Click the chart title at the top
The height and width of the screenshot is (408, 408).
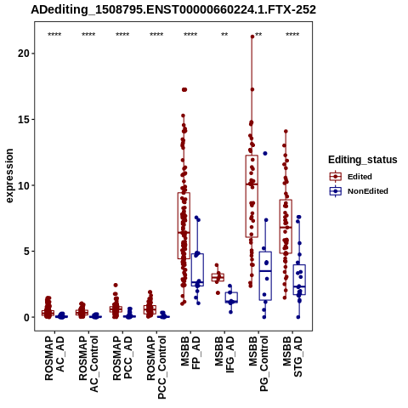[173, 10]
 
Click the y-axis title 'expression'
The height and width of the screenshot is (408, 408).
[9, 176]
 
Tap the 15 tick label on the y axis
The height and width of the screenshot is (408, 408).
[23, 119]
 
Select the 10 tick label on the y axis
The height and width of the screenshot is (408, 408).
[23, 185]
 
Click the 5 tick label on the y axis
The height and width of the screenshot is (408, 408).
[26, 252]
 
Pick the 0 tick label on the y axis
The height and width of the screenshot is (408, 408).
[26, 317]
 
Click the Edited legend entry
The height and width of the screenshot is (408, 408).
[360, 177]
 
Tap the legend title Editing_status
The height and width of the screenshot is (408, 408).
[363, 160]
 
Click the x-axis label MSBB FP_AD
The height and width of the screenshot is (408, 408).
[190, 353]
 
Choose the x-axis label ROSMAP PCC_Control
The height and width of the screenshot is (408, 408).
[156, 367]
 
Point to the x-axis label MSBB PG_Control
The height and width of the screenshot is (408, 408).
[258, 364]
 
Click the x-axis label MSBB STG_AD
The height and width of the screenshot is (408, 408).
[292, 356]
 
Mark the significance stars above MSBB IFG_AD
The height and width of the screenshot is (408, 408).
[224, 35]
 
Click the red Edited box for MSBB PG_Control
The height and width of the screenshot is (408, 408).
[252, 196]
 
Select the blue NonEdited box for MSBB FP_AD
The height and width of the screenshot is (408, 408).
[197, 269]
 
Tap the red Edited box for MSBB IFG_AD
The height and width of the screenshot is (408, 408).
[218, 277]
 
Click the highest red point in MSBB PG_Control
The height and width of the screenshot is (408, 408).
[252, 37]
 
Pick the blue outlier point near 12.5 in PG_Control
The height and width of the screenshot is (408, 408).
[265, 153]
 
